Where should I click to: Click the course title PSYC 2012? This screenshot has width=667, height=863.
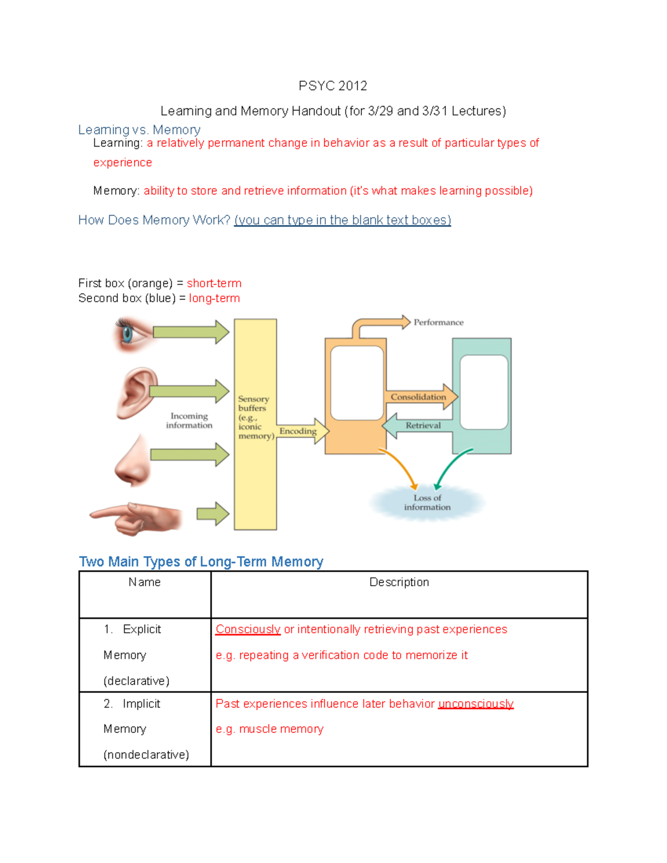click(332, 86)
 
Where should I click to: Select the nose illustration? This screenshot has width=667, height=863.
click(133, 461)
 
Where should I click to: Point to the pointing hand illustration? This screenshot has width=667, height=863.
click(137, 517)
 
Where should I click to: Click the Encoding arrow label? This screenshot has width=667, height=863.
click(298, 431)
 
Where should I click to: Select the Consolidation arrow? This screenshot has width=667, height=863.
click(419, 397)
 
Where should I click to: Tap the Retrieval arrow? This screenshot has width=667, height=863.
click(422, 426)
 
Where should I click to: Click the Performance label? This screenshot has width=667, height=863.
click(438, 322)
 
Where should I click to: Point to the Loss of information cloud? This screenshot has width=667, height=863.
click(427, 502)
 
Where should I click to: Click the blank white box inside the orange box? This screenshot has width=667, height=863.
click(357, 382)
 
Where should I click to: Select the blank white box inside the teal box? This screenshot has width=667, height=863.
click(484, 392)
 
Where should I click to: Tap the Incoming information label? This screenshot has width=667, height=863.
click(189, 421)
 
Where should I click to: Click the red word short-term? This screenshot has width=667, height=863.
click(214, 283)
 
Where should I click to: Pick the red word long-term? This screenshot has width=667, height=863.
click(215, 298)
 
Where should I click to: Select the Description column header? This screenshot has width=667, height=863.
click(399, 582)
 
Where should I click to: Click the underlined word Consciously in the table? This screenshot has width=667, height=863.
click(248, 629)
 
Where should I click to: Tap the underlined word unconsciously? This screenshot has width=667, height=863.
click(476, 704)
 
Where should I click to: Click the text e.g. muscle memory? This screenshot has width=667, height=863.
click(270, 729)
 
